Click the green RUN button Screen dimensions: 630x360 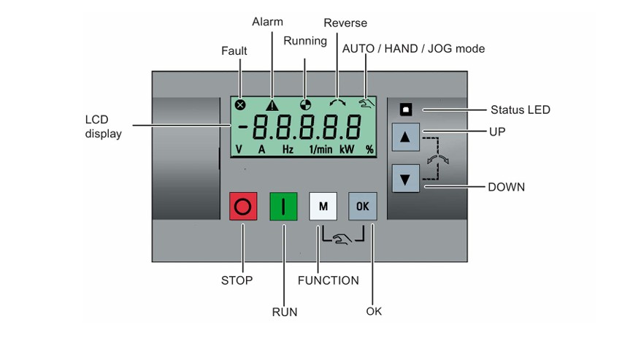pos(283,206)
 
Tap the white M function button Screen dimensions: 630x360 pos(323,206)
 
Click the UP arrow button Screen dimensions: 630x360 pos(405,137)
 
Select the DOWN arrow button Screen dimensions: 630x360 pos(405,178)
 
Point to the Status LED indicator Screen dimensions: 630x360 pos(406,109)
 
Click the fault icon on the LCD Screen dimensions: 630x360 pos(240,105)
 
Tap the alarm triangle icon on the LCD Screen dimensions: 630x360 pos(272,105)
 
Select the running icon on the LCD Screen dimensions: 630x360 pos(305,105)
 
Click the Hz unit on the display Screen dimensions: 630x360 pos(288,150)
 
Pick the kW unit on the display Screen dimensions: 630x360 pos(347,150)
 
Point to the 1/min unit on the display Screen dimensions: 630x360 pos(320,150)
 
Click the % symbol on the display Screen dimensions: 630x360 pos(369,150)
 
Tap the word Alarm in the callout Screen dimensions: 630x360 pos(267,22)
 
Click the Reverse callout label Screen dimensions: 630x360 pos(345,23)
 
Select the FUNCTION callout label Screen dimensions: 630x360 pos(329,280)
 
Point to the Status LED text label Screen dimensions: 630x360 pos(520,110)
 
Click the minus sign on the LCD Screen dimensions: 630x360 pos(242,127)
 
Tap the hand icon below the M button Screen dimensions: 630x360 pos(342,239)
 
